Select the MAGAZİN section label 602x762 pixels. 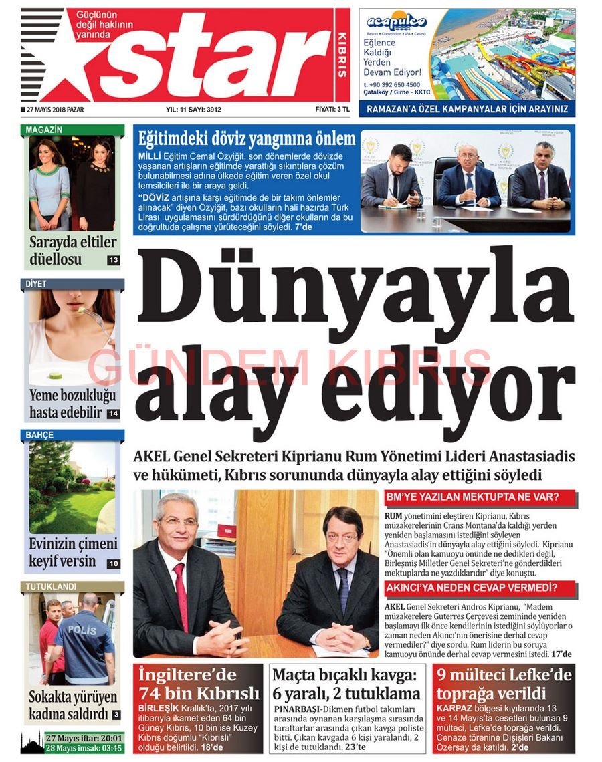coord(44,130)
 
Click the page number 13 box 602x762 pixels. coord(113,260)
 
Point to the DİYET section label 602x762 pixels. coord(37,284)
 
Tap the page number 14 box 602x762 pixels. coord(113,414)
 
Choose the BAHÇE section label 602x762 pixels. coord(40,435)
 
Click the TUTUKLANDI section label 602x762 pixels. coord(51,586)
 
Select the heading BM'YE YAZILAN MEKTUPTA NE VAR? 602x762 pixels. coord(472,497)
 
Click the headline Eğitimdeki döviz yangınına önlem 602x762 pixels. coord(246,139)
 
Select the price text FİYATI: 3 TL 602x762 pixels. coord(332,110)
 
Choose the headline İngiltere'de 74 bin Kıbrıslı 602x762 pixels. coord(199,684)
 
